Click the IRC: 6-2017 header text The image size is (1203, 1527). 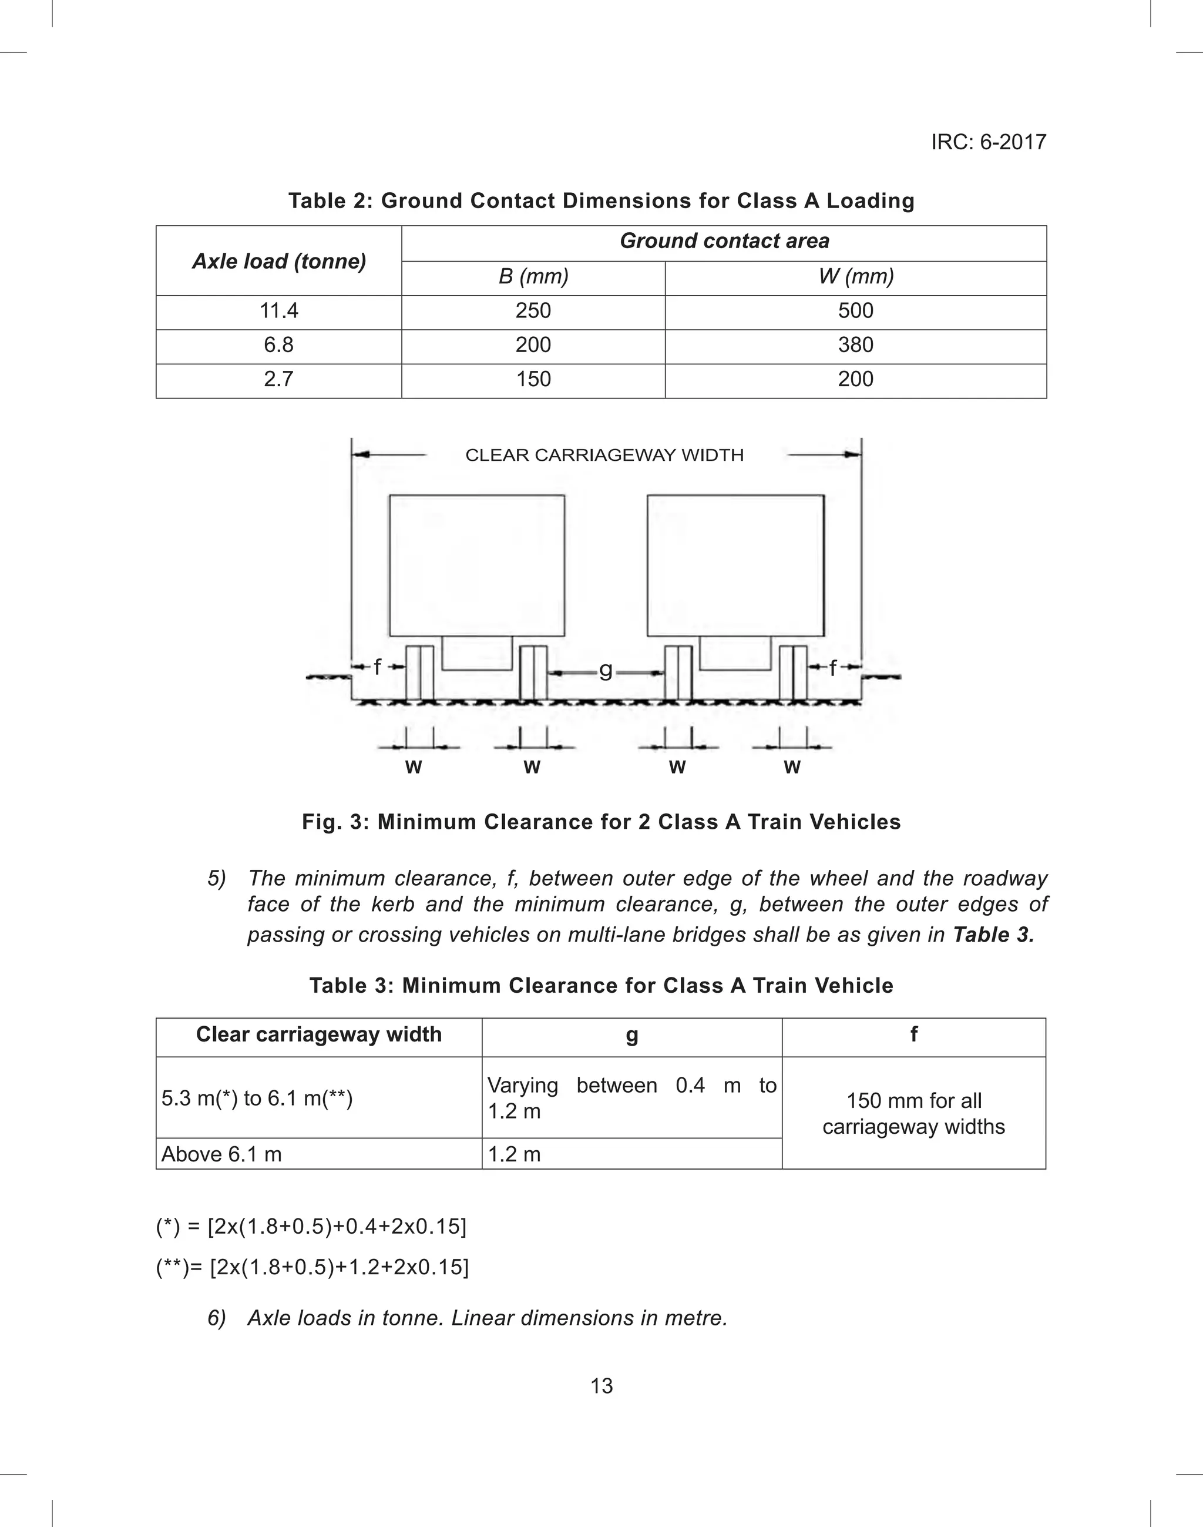click(988, 142)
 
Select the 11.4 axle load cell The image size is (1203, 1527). click(278, 311)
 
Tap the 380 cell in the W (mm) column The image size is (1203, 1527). click(855, 344)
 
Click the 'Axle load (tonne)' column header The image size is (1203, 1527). click(279, 262)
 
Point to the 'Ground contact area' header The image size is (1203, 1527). click(724, 241)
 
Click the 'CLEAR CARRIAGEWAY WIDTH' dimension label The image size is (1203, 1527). click(604, 455)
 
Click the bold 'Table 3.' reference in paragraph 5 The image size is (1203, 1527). click(993, 935)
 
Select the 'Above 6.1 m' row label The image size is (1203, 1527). click(221, 1154)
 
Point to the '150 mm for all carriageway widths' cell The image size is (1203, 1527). click(913, 1113)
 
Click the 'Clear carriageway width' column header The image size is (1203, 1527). click(318, 1034)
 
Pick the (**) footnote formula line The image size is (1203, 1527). click(312, 1267)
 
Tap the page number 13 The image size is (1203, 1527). click(601, 1386)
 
